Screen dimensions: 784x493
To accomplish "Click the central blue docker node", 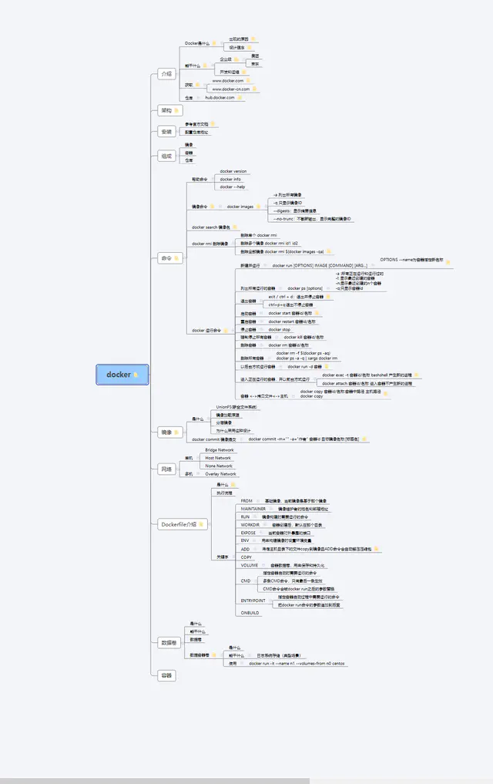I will (x=119, y=375).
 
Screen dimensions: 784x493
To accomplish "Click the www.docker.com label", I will (x=228, y=80).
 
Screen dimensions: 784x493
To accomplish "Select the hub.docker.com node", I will (x=220, y=98).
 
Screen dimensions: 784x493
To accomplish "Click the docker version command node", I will (x=233, y=171).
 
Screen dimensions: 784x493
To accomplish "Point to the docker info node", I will (x=231, y=179).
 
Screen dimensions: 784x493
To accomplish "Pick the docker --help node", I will (x=233, y=187).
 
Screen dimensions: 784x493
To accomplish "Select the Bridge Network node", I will (x=220, y=449).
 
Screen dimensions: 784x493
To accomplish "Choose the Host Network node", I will (x=218, y=458).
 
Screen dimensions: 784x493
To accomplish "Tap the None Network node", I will (x=219, y=466).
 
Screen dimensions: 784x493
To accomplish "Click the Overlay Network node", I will (x=220, y=474).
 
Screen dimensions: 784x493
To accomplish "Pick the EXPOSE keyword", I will (x=248, y=533).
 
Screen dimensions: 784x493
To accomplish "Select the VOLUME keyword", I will (x=249, y=565).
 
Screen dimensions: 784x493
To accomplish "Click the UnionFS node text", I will (x=236, y=406).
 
